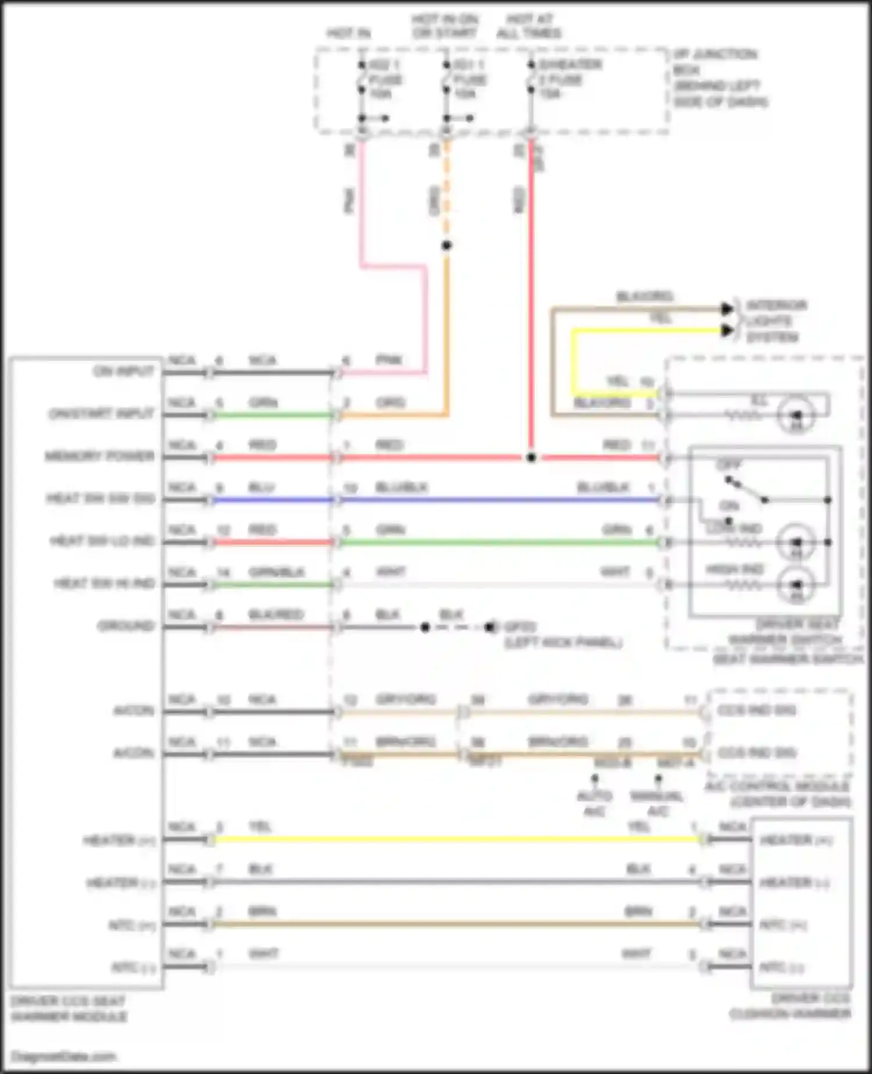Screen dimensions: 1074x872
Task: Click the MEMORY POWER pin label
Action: click(x=100, y=456)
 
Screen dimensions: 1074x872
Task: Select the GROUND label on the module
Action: click(x=126, y=626)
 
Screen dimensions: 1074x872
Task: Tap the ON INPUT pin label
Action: click(x=123, y=371)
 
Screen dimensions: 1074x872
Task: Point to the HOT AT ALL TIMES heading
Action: click(x=529, y=27)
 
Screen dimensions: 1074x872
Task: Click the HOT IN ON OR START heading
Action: click(x=445, y=27)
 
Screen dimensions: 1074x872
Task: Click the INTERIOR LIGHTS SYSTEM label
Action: click(x=772, y=321)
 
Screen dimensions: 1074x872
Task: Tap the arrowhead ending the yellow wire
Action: click(x=727, y=330)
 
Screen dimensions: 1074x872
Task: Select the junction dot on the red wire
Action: click(x=531, y=458)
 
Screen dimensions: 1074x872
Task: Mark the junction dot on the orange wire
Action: click(x=446, y=246)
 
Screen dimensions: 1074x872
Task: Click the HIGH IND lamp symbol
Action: click(x=797, y=585)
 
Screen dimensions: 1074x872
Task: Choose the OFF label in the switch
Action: click(x=728, y=465)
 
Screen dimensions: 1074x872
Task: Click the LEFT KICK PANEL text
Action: click(x=563, y=642)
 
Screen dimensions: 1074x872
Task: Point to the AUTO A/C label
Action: click(x=594, y=803)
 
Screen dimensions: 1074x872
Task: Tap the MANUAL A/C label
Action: click(x=657, y=803)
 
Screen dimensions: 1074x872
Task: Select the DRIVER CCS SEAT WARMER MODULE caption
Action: click(x=69, y=1009)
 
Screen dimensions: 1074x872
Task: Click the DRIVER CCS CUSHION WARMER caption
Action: click(x=791, y=1007)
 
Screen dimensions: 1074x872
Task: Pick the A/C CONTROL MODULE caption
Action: click(x=778, y=794)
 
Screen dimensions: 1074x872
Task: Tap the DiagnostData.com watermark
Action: click(x=64, y=1057)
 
